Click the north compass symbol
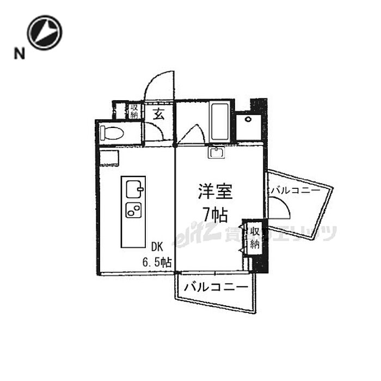(x=45, y=32)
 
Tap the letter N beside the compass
(x=20, y=53)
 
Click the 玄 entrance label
(x=158, y=114)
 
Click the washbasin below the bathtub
(x=217, y=152)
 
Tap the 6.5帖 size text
(x=157, y=261)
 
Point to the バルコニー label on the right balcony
(x=295, y=190)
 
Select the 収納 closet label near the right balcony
(x=254, y=238)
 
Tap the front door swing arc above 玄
(x=159, y=84)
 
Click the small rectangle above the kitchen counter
(x=108, y=157)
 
